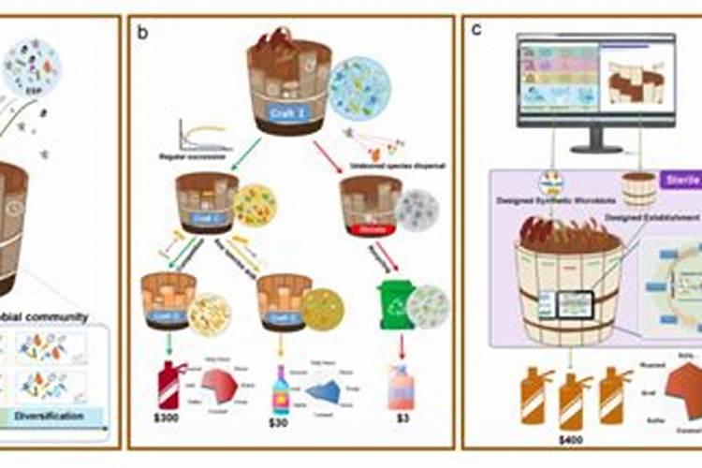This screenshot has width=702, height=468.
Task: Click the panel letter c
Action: point(476,28)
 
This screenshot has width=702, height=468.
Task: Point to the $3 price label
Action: point(395,423)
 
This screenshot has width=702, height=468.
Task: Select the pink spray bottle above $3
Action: point(395,386)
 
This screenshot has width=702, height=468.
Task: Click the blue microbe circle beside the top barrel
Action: point(359,90)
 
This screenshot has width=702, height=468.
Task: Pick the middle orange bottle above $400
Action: point(569,398)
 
